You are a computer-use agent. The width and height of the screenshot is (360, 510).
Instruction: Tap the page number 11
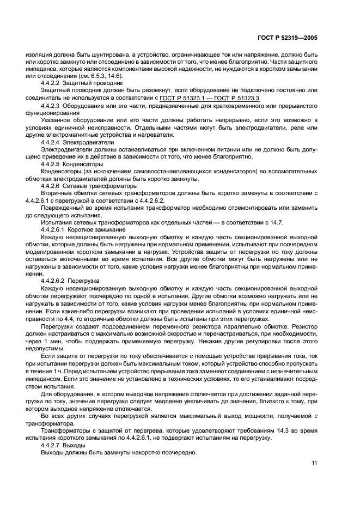pos(315,463)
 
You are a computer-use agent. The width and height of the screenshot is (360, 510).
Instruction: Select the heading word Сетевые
pos(76,186)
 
